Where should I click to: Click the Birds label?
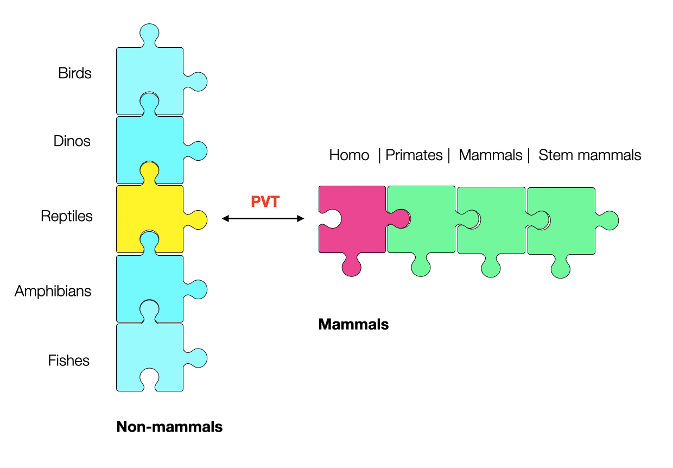tap(75, 73)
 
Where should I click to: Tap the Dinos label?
tap(72, 142)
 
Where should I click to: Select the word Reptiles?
tap(67, 216)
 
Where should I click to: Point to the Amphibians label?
tap(53, 291)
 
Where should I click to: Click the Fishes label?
tap(69, 360)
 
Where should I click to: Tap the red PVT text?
tap(265, 201)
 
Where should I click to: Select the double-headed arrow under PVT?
tap(263, 219)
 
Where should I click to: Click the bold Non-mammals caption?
tap(169, 427)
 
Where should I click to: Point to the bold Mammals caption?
tap(353, 325)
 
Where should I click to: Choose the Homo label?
tap(349, 155)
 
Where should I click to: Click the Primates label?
tap(414, 155)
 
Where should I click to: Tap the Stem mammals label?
tap(589, 155)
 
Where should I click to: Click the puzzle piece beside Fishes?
tap(150, 353)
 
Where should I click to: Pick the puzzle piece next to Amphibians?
tap(150, 285)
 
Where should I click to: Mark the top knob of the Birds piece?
tap(150, 34)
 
